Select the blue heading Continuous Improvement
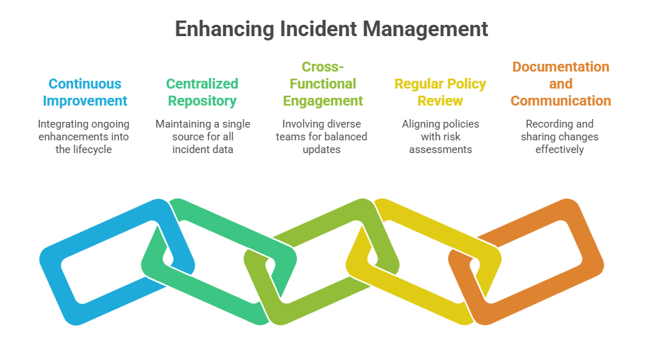tap(85, 92)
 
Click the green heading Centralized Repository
tap(203, 92)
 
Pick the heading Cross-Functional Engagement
tap(322, 84)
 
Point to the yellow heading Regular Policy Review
tap(440, 92)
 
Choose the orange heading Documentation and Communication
tap(560, 84)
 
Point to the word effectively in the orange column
tap(560, 150)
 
